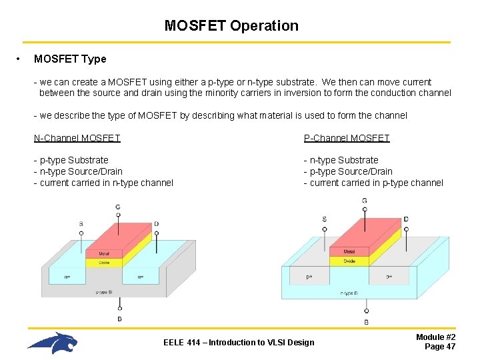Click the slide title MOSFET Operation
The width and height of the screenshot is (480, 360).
tap(231, 26)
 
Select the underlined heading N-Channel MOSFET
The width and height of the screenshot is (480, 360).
tap(77, 138)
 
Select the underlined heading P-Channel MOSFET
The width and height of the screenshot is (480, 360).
tap(347, 138)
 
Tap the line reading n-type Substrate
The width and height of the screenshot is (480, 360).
tap(341, 160)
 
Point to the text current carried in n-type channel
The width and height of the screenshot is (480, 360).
tap(103, 183)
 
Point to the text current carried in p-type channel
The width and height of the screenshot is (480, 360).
tap(373, 183)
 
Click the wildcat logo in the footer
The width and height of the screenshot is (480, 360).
tap(53, 343)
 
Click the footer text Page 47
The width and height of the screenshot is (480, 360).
tap(440, 347)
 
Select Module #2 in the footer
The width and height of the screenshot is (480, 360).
tap(436, 337)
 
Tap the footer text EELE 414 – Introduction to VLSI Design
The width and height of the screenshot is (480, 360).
tap(239, 343)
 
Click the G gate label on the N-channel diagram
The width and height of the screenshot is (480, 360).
tap(118, 207)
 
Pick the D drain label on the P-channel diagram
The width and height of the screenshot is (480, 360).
tap(406, 219)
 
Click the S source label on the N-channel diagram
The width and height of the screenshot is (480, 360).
tap(81, 224)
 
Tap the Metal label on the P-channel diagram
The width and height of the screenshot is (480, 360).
tap(349, 251)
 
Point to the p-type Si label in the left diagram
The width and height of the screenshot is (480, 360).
tap(104, 292)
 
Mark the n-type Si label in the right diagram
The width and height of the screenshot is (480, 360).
tap(349, 293)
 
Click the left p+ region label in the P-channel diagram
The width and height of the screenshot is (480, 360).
tap(309, 276)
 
